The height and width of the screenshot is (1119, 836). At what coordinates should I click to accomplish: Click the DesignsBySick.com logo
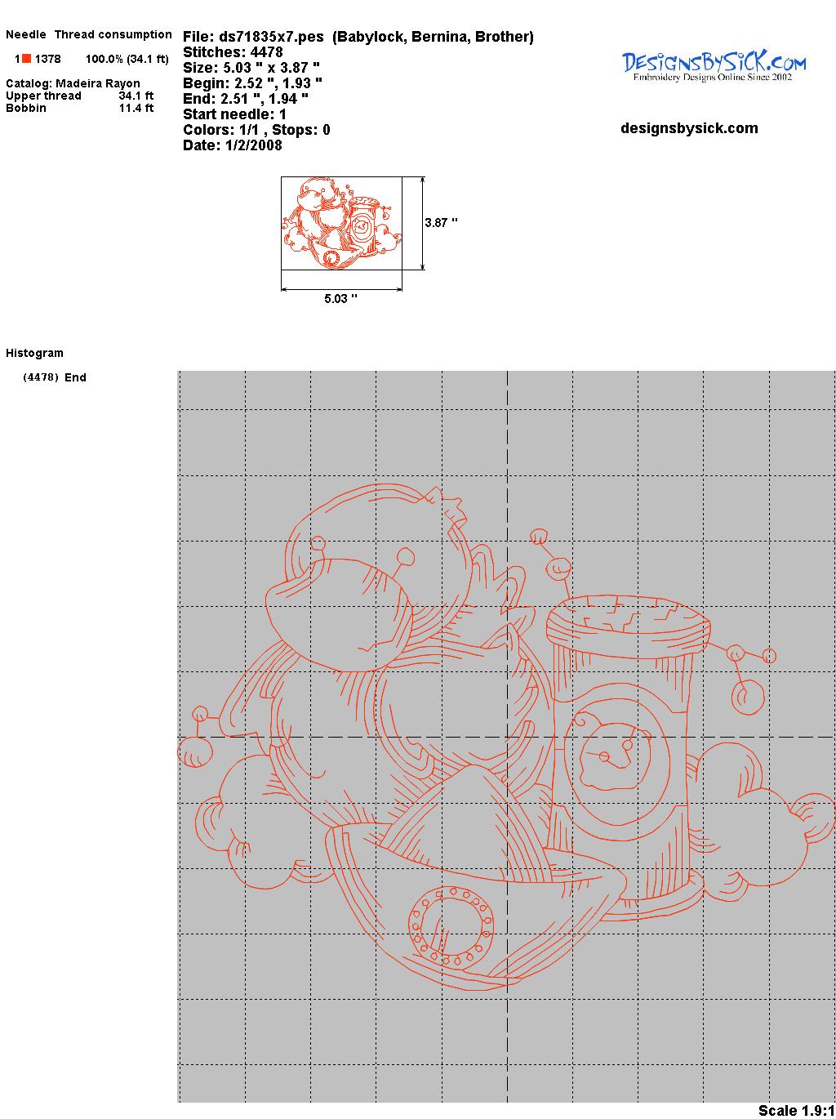click(714, 66)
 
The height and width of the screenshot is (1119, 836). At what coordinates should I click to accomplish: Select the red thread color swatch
click(26, 59)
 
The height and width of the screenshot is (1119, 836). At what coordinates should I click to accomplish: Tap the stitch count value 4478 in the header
click(266, 52)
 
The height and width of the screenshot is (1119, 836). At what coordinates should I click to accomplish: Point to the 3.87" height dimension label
click(441, 223)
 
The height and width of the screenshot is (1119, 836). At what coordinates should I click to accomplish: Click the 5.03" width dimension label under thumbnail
click(340, 298)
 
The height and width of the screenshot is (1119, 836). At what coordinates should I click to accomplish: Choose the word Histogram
click(34, 354)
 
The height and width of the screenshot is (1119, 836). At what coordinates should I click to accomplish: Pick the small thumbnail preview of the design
click(341, 223)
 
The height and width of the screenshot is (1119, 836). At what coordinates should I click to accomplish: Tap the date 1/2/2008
click(254, 145)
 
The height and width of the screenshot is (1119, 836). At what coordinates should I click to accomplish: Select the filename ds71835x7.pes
click(271, 37)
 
